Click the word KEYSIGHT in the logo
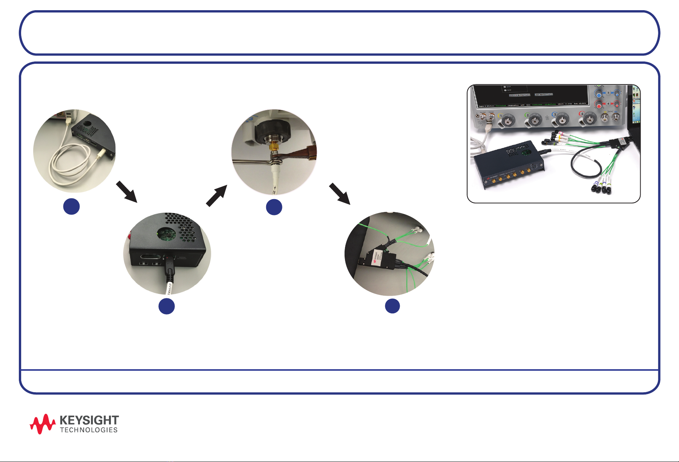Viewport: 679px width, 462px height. click(89, 420)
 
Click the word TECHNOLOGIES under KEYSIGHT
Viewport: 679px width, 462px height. click(89, 430)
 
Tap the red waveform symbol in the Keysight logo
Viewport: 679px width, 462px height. click(43, 424)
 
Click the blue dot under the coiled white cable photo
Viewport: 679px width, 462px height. click(71, 206)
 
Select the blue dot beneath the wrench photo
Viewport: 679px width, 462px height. click(274, 207)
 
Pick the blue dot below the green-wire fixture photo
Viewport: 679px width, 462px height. click(392, 306)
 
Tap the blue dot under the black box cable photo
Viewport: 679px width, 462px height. click(166, 306)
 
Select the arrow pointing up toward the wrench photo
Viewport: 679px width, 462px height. click(217, 195)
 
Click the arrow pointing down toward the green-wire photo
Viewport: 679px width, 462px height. click(340, 193)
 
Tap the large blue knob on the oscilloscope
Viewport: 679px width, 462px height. click(599, 93)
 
